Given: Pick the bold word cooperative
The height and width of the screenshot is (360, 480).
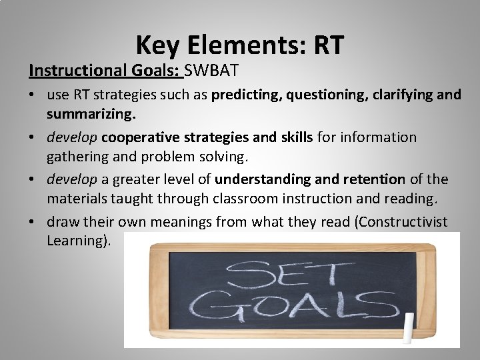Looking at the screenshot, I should coord(139,137).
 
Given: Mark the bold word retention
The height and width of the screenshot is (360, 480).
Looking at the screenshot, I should coord(369,179).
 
